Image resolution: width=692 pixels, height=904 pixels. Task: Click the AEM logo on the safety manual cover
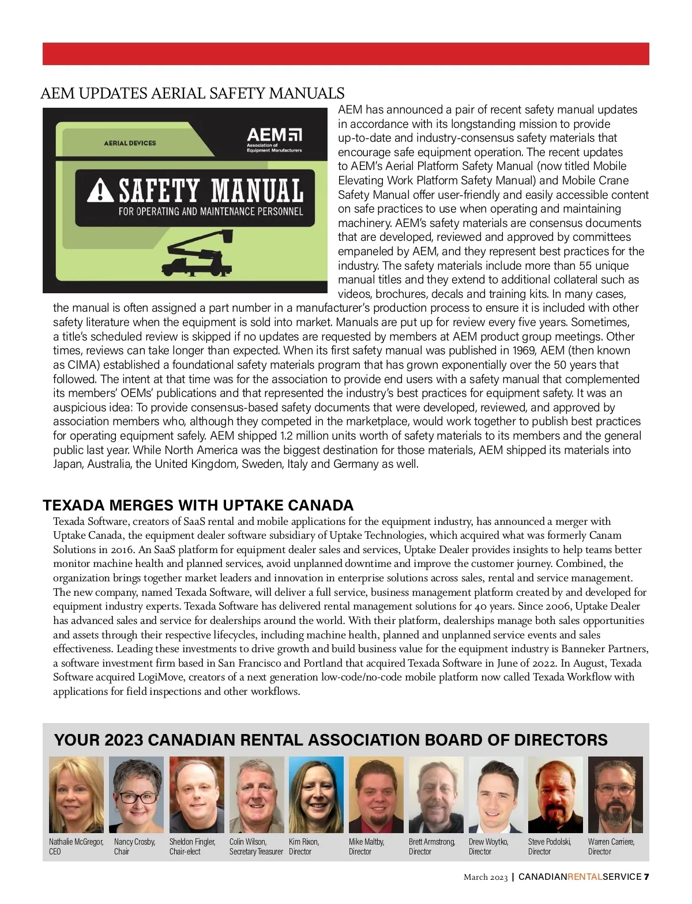274,140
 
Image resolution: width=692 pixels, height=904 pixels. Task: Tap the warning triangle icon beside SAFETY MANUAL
100,191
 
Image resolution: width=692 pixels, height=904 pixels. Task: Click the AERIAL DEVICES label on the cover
130,143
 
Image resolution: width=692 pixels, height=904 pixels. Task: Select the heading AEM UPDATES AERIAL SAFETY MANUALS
193,93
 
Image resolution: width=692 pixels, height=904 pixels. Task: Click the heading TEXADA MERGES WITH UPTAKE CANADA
198,505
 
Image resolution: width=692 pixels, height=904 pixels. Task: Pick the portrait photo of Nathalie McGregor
76,795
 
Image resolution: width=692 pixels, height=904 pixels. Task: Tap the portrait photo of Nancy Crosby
136,795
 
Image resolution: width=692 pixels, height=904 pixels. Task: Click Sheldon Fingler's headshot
197,795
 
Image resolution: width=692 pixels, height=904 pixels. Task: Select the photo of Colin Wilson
257,795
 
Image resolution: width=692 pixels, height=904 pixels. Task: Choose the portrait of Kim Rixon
316,795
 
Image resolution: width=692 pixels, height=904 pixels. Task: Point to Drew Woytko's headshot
496,795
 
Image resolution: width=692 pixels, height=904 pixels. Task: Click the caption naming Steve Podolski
550,846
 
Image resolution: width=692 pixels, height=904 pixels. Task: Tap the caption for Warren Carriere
611,846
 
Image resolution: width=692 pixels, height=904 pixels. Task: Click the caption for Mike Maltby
366,846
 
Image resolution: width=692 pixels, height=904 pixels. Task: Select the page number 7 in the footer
646,877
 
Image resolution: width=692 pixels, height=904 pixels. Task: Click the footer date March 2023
486,877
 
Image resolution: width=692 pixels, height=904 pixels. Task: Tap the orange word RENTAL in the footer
585,877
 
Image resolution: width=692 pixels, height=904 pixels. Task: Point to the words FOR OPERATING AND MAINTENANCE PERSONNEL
210,211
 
